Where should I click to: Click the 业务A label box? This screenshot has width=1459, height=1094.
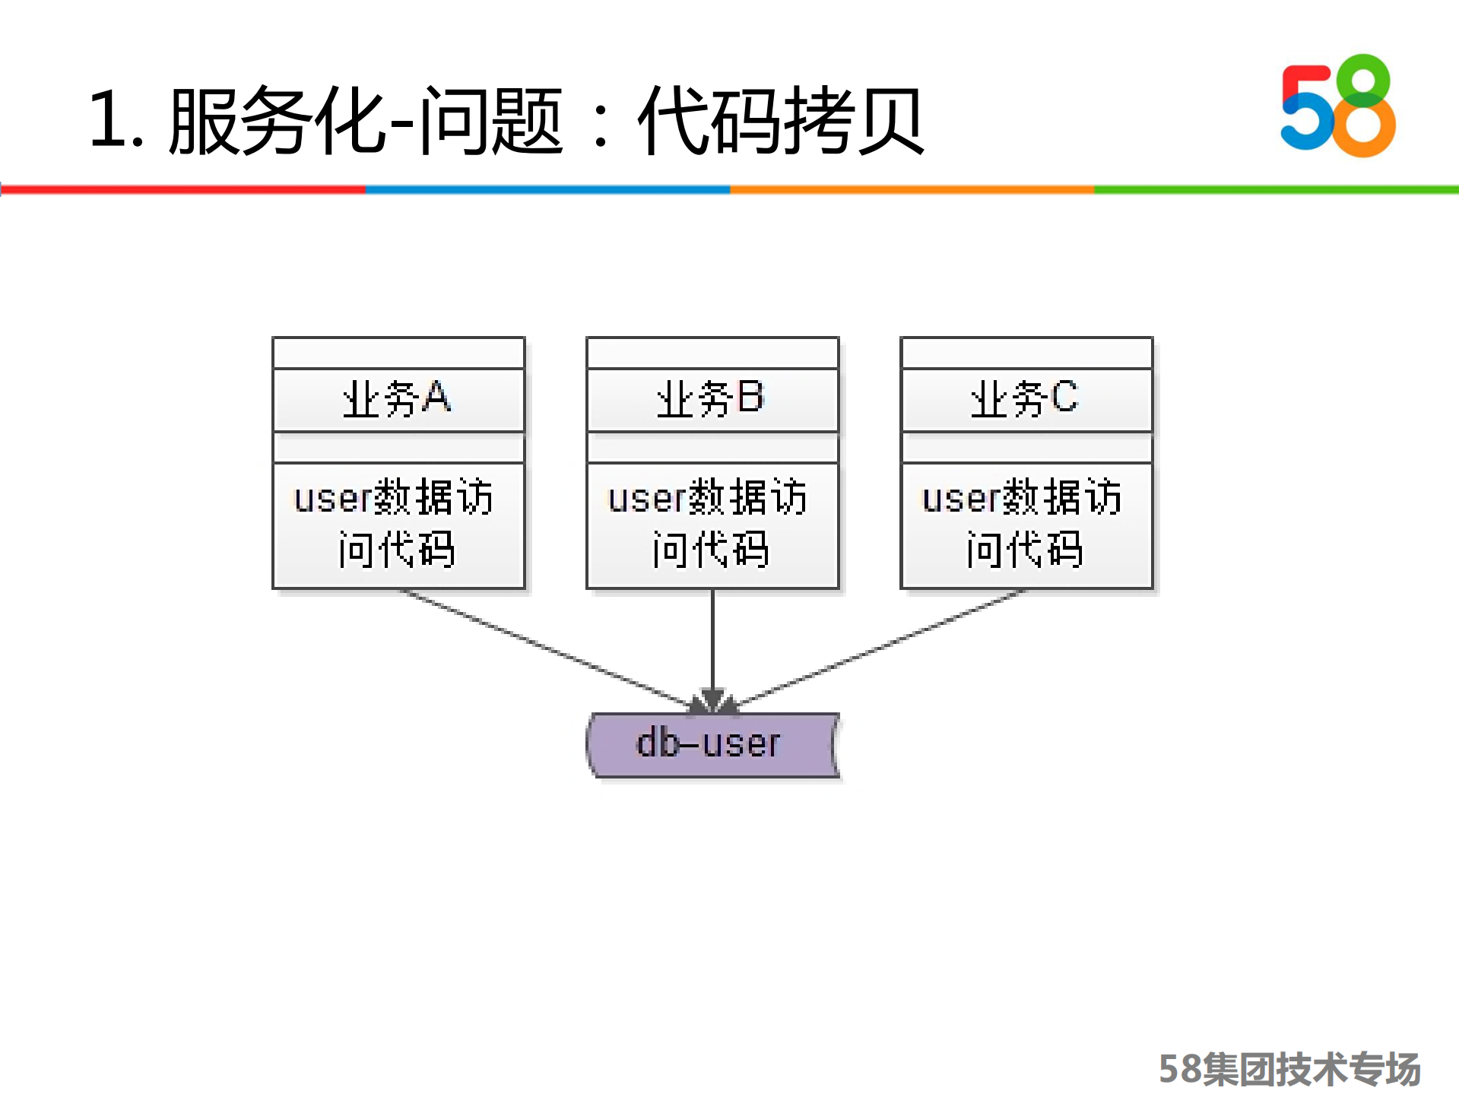click(398, 400)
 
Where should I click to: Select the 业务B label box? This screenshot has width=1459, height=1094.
click(712, 400)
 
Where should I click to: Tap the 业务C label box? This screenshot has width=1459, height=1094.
click(1026, 400)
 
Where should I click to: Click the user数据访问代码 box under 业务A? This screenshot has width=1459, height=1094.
click(398, 525)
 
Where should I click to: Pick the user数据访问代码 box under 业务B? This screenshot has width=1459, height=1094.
click(712, 525)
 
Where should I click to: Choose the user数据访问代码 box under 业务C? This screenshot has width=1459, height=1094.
click(1026, 525)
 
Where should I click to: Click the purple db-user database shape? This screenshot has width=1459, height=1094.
click(712, 745)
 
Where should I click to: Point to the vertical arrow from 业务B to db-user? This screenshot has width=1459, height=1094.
click(712, 646)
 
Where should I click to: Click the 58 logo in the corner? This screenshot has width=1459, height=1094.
click(1338, 106)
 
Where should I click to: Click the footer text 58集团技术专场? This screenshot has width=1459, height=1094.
click(1289, 1069)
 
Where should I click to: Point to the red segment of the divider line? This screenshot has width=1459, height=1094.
click(182, 189)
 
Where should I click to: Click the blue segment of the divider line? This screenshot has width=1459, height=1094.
click(547, 189)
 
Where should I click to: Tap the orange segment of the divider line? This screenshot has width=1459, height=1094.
click(912, 189)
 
